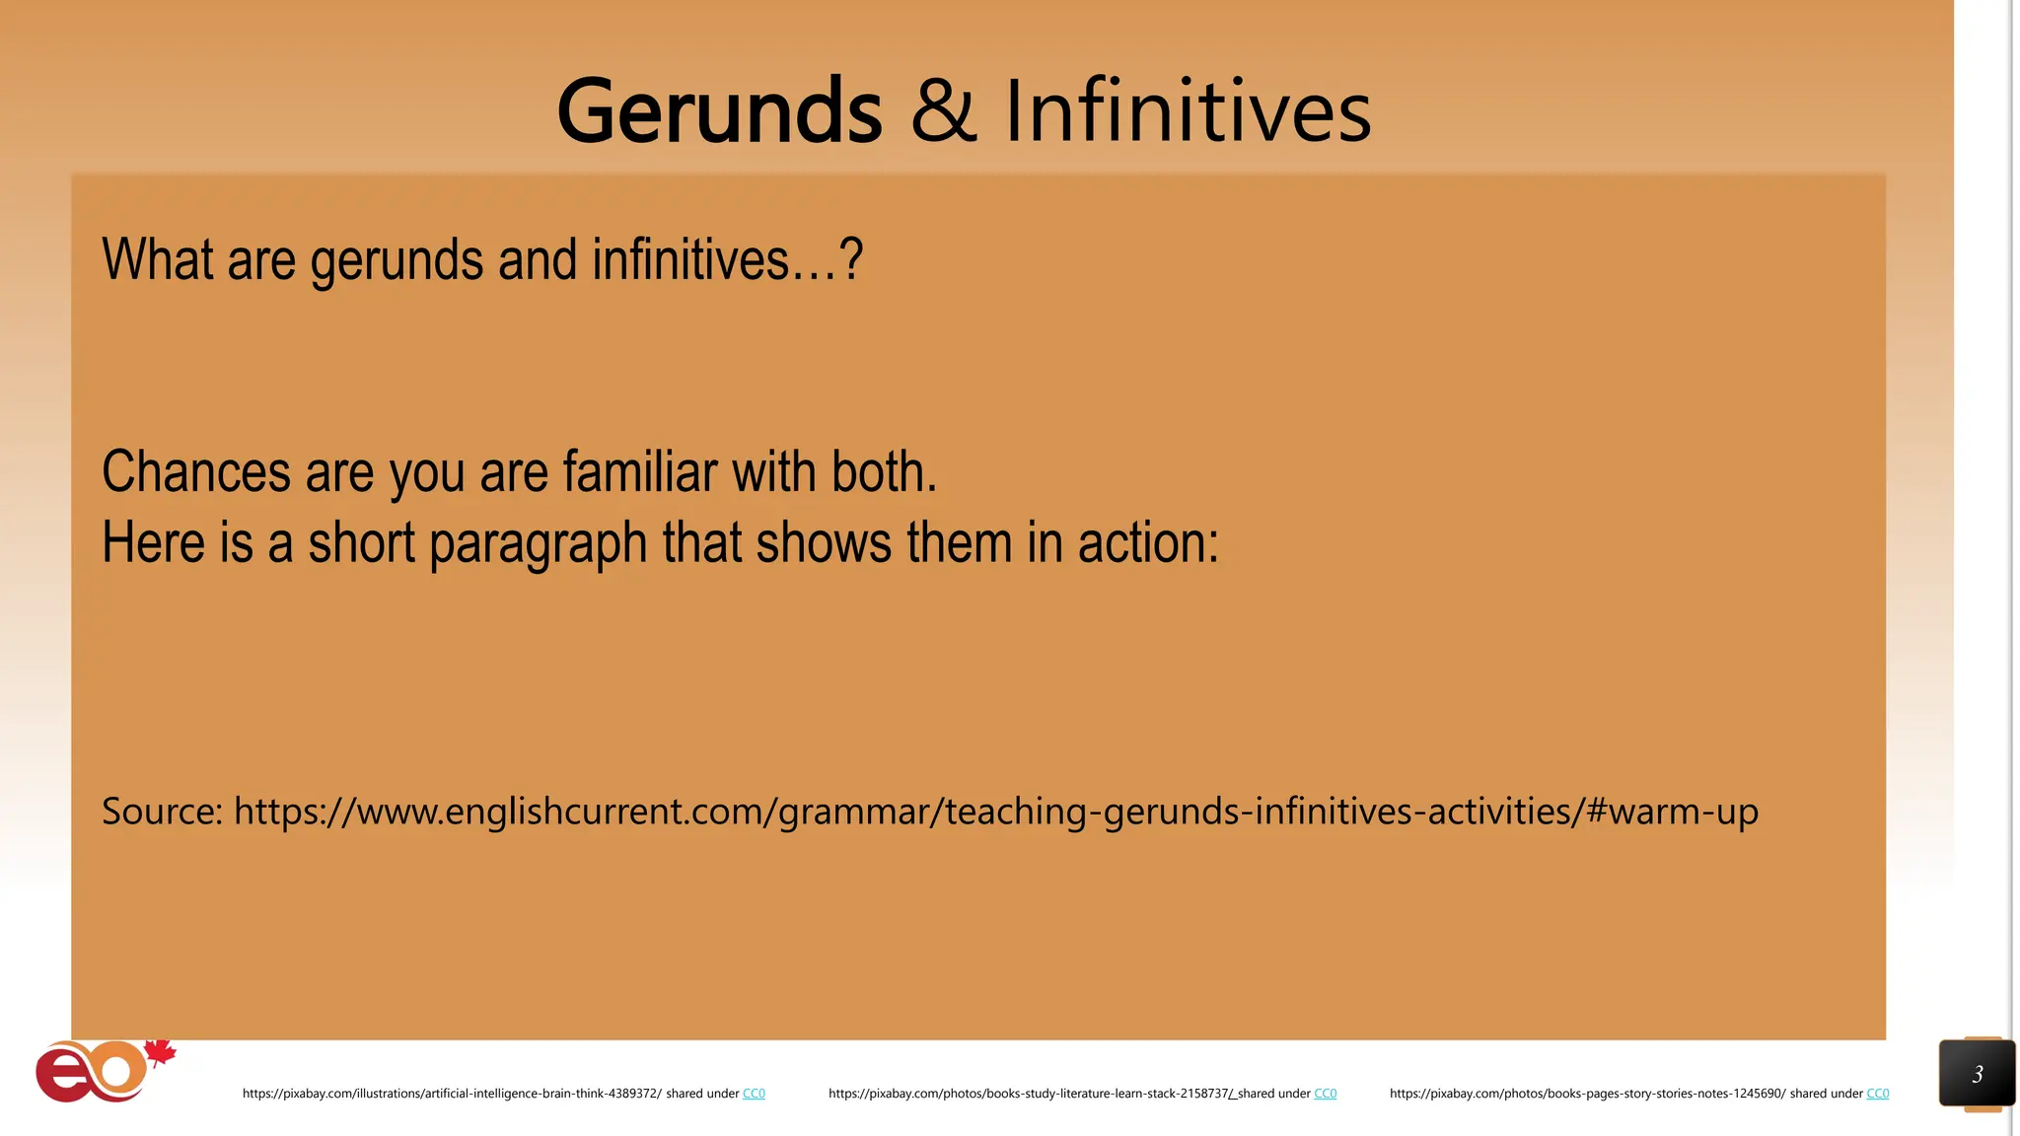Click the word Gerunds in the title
coord(719,110)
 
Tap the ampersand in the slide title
coord(943,110)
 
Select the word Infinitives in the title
coord(1188,110)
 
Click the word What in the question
coord(158,259)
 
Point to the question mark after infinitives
coord(851,259)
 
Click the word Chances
coord(196,471)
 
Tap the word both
coord(883,471)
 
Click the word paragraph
coord(538,544)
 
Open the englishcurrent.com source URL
coord(995,812)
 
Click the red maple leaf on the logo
coord(161,1053)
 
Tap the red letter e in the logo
coord(60,1076)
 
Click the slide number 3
coord(1977,1074)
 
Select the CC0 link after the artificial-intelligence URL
coord(754,1094)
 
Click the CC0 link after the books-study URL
coord(1325,1094)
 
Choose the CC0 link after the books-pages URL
coord(1877,1094)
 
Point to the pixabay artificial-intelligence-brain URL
coord(452,1094)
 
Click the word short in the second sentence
coord(361,542)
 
